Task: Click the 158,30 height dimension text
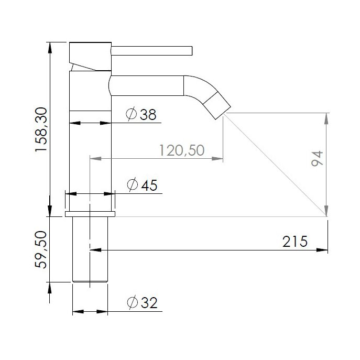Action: [41, 129]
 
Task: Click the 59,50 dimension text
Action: [41, 249]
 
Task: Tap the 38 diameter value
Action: [148, 114]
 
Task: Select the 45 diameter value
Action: [149, 186]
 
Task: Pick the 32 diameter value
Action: [149, 302]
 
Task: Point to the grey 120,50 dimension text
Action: [182, 150]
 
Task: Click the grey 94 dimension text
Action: [318, 158]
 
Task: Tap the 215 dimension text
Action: [295, 242]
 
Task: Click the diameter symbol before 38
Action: [132, 114]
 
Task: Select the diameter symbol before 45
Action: [133, 184]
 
